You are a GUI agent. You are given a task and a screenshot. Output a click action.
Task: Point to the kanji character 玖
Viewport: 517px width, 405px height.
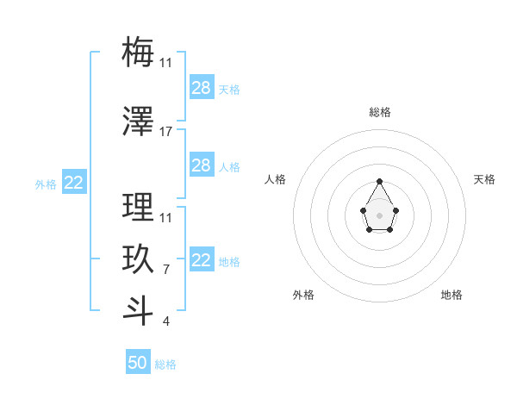(138, 259)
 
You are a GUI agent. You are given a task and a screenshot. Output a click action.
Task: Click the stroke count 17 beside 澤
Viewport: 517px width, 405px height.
(166, 132)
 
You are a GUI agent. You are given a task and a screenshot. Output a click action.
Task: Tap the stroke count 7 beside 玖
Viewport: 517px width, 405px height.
(166, 270)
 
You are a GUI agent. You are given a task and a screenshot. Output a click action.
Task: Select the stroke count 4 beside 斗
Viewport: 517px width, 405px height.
(166, 321)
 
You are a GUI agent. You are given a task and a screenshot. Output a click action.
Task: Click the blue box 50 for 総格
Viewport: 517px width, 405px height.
(138, 363)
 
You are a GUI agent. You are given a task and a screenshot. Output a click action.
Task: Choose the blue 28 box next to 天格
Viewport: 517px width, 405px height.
(201, 87)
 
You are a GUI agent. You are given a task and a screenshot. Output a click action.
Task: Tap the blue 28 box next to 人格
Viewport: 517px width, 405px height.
(201, 165)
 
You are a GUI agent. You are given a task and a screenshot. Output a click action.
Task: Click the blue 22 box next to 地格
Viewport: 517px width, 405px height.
(201, 260)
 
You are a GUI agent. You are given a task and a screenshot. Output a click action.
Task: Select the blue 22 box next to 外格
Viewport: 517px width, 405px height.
(74, 182)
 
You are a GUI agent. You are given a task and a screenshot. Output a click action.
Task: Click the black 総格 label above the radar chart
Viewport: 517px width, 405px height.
(380, 112)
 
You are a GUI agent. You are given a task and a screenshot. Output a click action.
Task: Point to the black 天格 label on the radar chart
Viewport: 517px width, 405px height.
(484, 179)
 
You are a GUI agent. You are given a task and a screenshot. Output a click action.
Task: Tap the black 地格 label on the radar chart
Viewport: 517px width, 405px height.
(452, 295)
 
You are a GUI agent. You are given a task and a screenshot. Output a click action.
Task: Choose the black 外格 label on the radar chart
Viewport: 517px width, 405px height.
(303, 295)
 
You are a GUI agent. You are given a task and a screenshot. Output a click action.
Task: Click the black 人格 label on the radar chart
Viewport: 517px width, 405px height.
(276, 179)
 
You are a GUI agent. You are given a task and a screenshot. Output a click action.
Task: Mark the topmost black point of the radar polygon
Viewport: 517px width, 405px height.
(380, 181)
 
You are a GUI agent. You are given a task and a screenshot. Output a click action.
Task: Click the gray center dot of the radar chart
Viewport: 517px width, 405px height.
(380, 215)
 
